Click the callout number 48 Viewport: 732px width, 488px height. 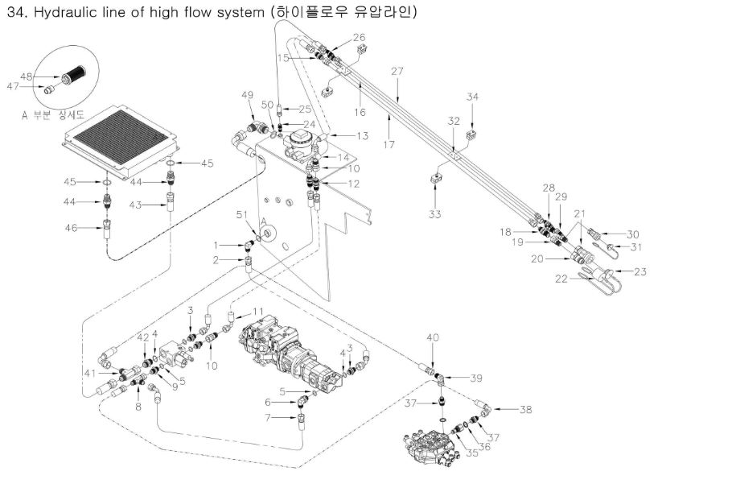[25, 77]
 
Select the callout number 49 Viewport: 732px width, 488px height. [247, 96]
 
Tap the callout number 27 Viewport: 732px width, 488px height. [397, 72]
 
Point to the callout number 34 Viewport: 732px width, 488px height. [473, 97]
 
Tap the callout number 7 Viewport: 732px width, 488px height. [271, 417]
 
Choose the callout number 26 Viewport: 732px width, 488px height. [359, 38]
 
